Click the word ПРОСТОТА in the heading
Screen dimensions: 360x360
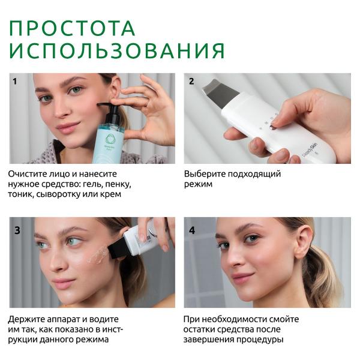pos(72,28)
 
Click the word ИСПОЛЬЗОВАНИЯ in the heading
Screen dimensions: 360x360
pos(117,50)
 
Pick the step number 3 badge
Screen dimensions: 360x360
pos(17,230)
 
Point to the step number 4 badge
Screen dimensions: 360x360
pos(192,230)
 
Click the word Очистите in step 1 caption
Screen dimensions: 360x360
pos(27,174)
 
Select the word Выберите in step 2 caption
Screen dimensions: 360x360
pos(205,174)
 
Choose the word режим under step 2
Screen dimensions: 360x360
pos(199,184)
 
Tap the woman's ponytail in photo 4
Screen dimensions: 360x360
pos(327,282)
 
